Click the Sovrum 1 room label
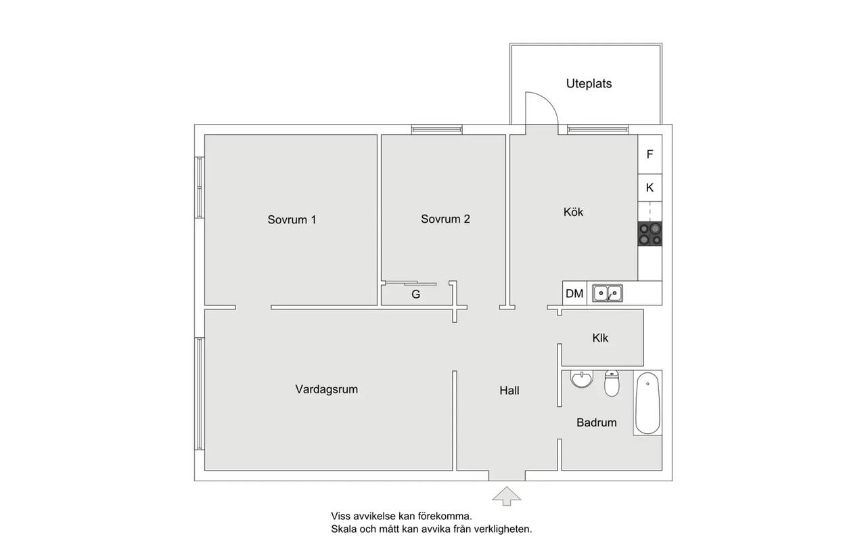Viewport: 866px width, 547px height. [x=292, y=220]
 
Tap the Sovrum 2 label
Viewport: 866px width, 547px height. [x=445, y=219]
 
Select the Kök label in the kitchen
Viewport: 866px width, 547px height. [x=573, y=212]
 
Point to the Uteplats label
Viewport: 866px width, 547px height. [x=589, y=83]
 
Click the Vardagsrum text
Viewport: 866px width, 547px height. [x=327, y=389]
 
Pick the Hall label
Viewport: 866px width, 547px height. [x=509, y=391]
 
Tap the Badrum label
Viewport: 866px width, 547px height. [x=597, y=422]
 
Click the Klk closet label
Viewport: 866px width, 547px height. [x=600, y=338]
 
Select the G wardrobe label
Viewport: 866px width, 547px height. [x=415, y=294]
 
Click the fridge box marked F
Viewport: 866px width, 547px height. [x=650, y=154]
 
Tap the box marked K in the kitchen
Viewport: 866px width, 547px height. [x=650, y=188]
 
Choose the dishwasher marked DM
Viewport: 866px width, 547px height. [x=574, y=293]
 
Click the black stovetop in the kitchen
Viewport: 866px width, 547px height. [x=650, y=234]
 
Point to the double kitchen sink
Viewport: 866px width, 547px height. [x=608, y=293]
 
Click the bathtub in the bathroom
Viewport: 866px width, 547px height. [x=647, y=403]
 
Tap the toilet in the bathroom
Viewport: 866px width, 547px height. [x=612, y=383]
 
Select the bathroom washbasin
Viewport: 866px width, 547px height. [x=581, y=379]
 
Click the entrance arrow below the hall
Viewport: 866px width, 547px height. [x=507, y=496]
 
